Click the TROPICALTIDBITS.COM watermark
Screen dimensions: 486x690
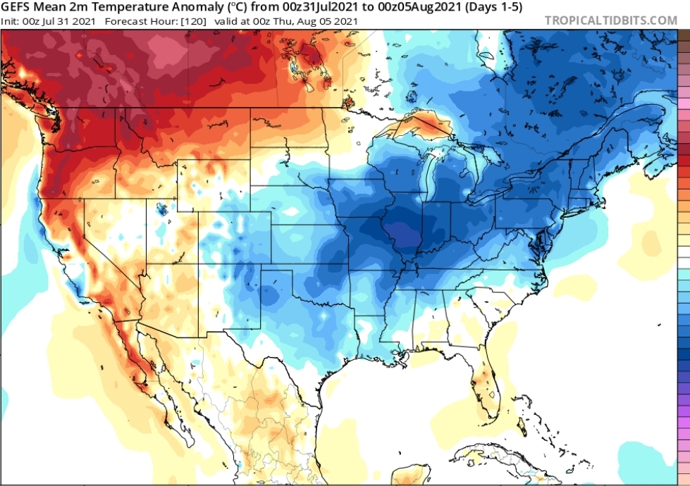[610, 20]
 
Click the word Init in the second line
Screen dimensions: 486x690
[9, 21]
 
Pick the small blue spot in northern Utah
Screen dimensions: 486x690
[161, 208]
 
